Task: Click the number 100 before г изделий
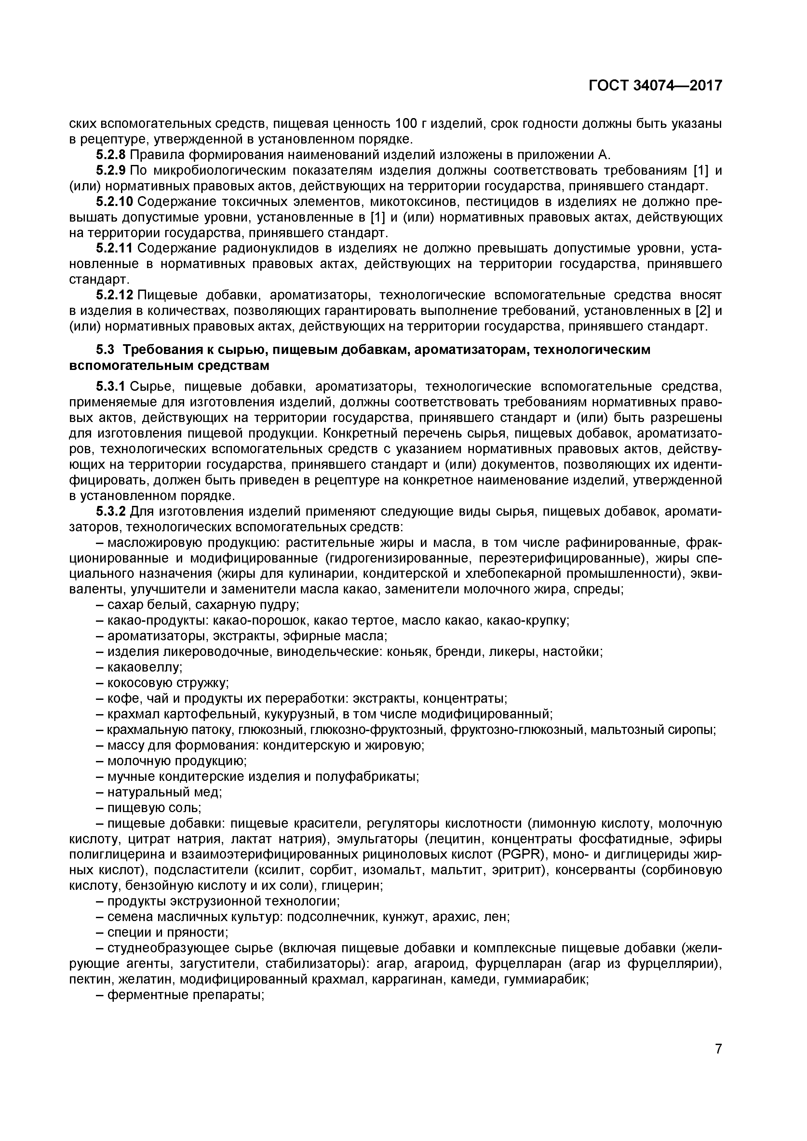tap(409, 124)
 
